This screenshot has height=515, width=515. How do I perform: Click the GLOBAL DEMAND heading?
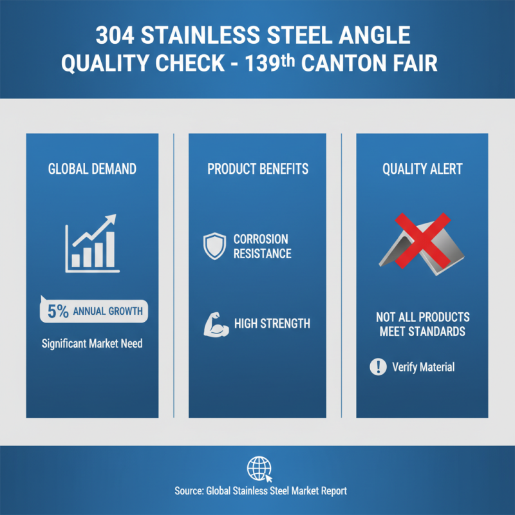(92, 169)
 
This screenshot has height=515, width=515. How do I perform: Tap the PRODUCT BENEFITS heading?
(257, 169)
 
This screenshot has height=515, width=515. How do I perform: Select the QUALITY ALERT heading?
(422, 169)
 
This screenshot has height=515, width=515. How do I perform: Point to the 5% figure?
(57, 312)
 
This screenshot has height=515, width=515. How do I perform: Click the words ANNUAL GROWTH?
(107, 312)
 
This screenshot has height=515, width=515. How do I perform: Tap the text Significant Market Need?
(92, 343)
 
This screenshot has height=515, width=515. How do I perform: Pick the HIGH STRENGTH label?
(272, 324)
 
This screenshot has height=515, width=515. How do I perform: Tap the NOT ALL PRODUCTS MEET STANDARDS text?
(422, 324)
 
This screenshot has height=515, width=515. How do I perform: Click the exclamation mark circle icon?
(377, 367)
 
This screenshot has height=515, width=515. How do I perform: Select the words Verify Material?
(423, 367)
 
